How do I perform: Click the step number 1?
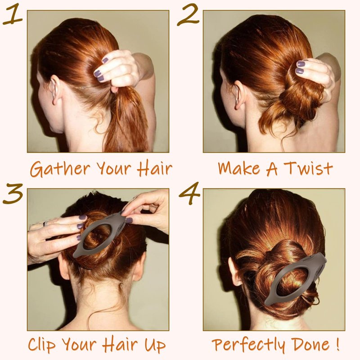coord(13,14)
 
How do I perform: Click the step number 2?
coord(188,15)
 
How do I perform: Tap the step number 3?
coord(13,193)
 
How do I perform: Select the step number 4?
coord(189,193)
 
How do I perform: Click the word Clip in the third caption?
coord(42,344)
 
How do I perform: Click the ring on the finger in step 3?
coord(46,223)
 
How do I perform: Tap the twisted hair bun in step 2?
coord(298,96)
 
